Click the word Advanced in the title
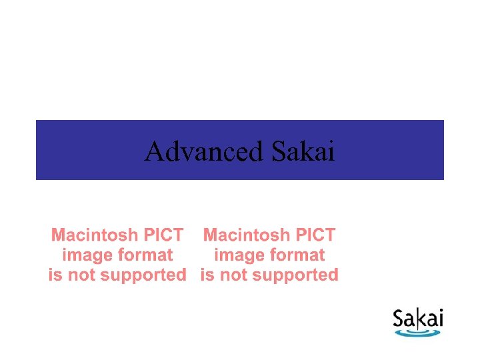(204, 152)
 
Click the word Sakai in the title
(303, 152)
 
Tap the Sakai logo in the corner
(418, 322)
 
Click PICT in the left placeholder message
(164, 235)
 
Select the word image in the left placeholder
(84, 255)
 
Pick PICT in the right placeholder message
(316, 235)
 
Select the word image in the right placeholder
(236, 255)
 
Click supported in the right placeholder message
(299, 275)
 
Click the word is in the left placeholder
(55, 275)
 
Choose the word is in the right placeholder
(207, 275)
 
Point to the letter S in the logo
(399, 319)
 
